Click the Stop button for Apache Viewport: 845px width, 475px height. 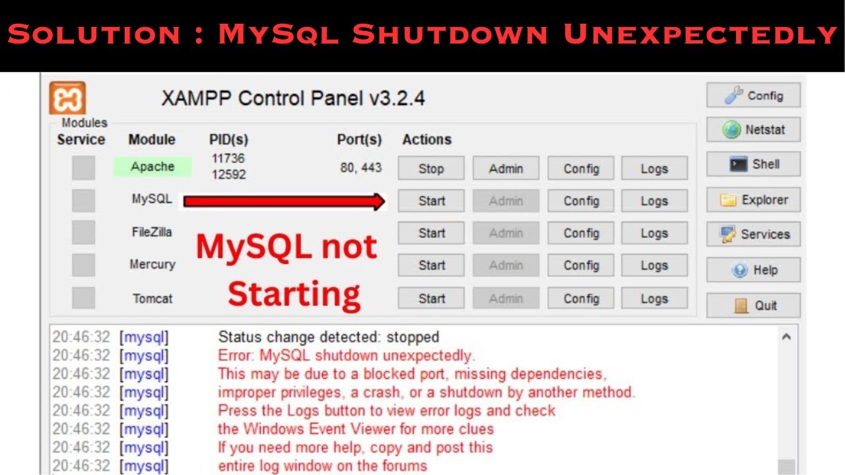click(x=431, y=168)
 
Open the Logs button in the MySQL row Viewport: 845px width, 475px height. click(x=654, y=201)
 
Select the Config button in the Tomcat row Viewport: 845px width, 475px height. click(x=581, y=298)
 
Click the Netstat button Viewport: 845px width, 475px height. click(x=753, y=130)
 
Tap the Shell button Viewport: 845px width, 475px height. click(x=753, y=164)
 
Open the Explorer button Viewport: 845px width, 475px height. click(x=753, y=200)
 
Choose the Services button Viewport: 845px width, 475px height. click(x=753, y=234)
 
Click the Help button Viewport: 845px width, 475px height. click(x=753, y=270)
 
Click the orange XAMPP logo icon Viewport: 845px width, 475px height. click(x=67, y=98)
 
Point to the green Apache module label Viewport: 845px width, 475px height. click(x=152, y=167)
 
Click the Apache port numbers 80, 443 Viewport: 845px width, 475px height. click(x=361, y=168)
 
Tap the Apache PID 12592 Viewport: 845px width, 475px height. click(x=228, y=175)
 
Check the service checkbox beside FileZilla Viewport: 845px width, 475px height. click(x=83, y=232)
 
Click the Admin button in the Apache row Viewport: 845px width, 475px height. click(x=506, y=168)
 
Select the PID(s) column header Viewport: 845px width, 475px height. click(x=228, y=140)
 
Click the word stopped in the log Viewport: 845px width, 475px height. click(x=413, y=337)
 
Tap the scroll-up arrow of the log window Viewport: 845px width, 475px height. click(x=786, y=336)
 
